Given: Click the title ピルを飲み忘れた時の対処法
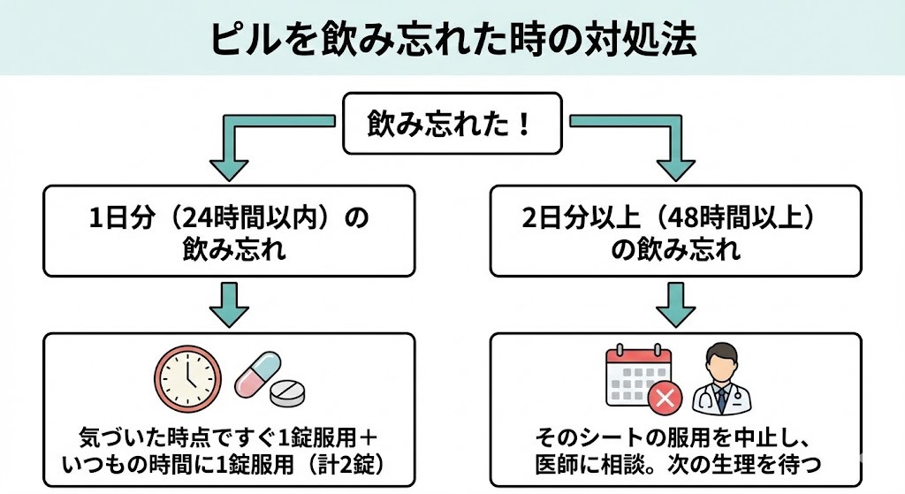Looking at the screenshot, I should point(452,40).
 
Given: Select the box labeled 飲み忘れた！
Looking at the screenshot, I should point(452,123).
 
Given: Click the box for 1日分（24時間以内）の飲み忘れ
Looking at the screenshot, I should point(228,231).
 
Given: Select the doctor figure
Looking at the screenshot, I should point(721,380).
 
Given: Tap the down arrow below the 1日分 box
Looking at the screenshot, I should point(228,304).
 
